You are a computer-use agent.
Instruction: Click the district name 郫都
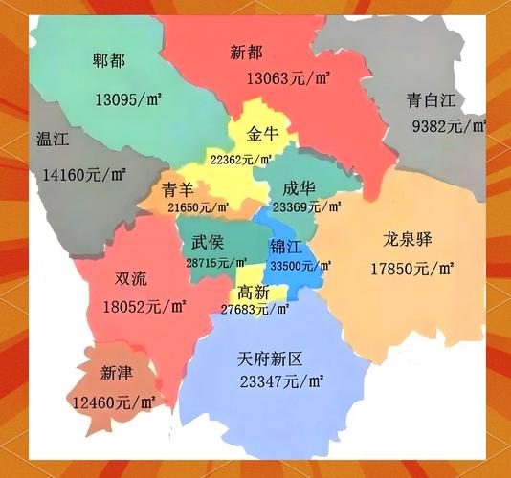point(109,60)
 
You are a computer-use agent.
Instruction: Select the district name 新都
point(247,52)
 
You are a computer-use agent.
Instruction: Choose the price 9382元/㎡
point(449,126)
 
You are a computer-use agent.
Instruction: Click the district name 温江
point(52,139)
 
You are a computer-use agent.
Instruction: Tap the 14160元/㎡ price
point(85,175)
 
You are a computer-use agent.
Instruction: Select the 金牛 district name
point(262,134)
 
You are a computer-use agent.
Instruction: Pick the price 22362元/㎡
point(241,159)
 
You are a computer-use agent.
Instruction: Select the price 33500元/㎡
point(300,266)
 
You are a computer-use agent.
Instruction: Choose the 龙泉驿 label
point(408,239)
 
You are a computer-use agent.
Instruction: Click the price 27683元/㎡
point(253,310)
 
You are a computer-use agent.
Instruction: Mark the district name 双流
point(130,279)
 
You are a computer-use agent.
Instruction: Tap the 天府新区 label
point(270,359)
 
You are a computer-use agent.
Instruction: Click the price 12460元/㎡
point(114,403)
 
